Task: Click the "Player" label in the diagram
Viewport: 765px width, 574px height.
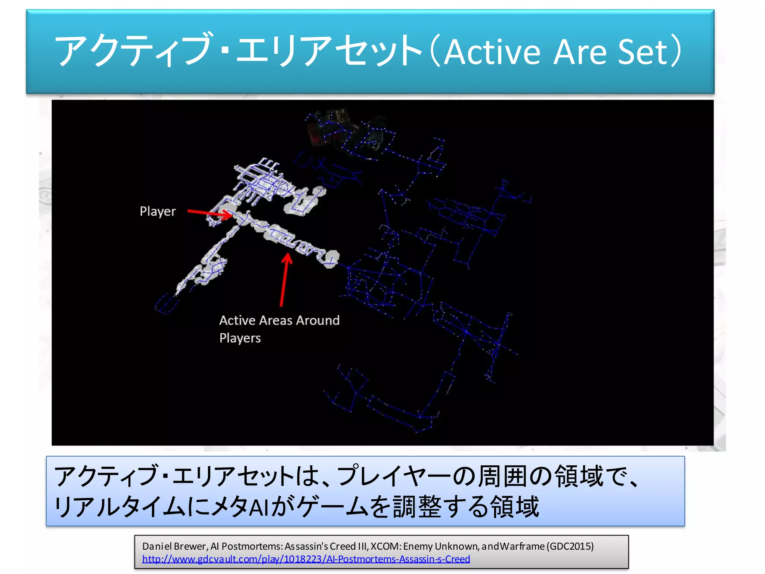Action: (157, 212)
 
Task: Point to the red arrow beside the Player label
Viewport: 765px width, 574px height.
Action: (209, 213)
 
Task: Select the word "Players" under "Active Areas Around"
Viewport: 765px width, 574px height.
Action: (240, 338)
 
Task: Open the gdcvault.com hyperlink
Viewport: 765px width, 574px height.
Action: (306, 559)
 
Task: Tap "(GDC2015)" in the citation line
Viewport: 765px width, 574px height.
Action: (570, 546)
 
